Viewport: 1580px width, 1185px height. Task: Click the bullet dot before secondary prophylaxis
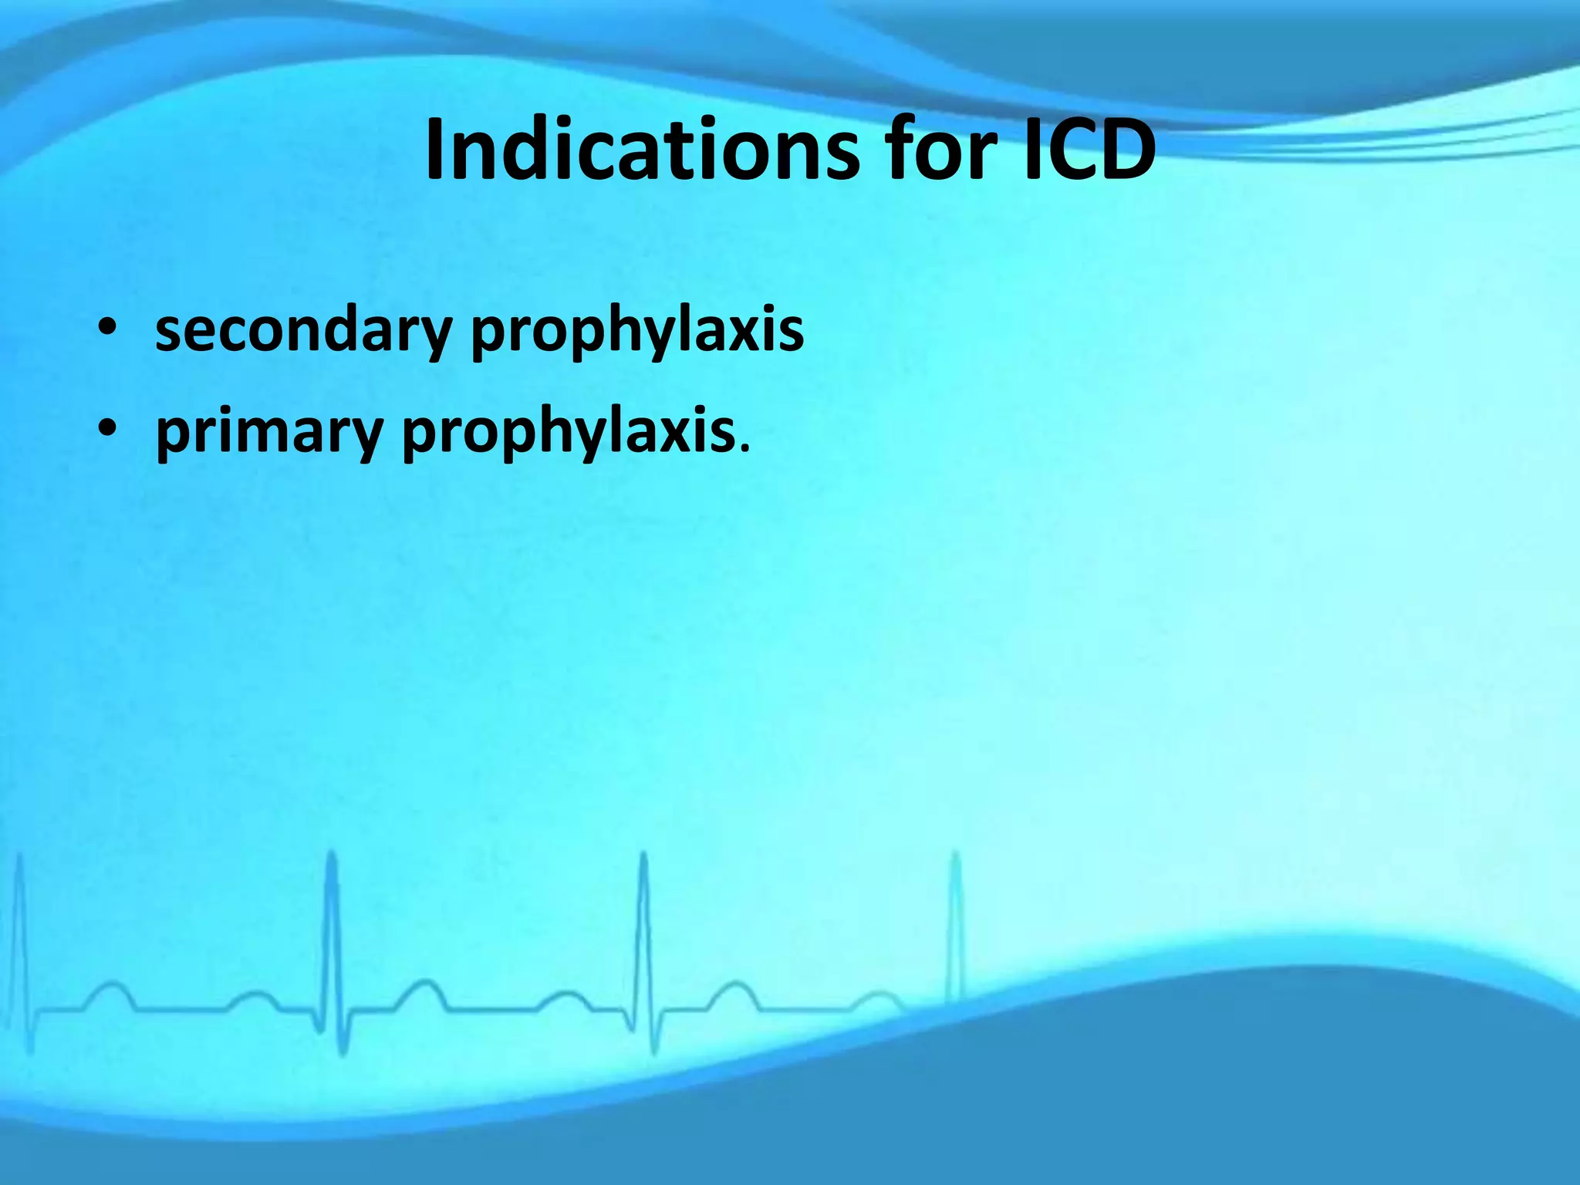coord(107,327)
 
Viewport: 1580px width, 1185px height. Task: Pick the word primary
coord(269,432)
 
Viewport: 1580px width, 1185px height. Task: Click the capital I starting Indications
coord(437,150)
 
